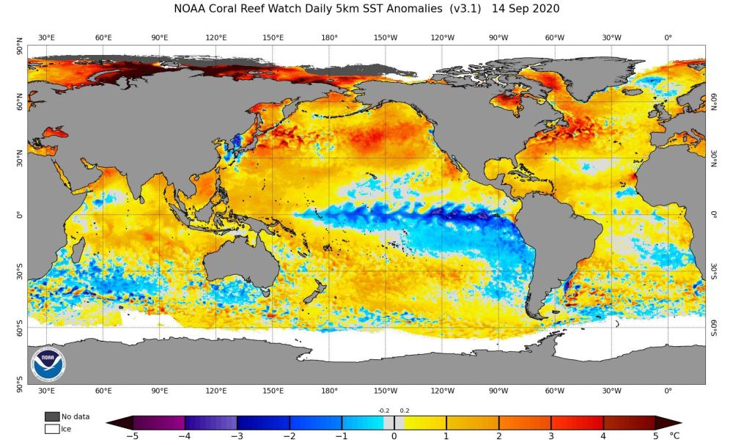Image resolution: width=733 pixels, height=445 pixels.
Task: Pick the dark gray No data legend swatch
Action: pyautogui.click(x=51, y=416)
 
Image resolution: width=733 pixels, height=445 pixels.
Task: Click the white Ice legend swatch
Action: pyautogui.click(x=51, y=429)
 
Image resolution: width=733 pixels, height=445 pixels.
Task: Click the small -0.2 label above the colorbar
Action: pyautogui.click(x=384, y=411)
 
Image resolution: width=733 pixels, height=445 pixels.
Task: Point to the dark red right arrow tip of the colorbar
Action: pyautogui.click(x=674, y=422)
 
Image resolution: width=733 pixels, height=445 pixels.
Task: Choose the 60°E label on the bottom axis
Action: pyautogui.click(x=103, y=391)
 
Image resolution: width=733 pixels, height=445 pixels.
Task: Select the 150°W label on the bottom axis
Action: pyautogui.click(x=386, y=391)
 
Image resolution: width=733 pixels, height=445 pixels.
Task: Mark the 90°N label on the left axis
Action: pyautogui.click(x=20, y=50)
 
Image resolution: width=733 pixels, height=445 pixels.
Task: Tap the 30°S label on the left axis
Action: pyautogui.click(x=20, y=272)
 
